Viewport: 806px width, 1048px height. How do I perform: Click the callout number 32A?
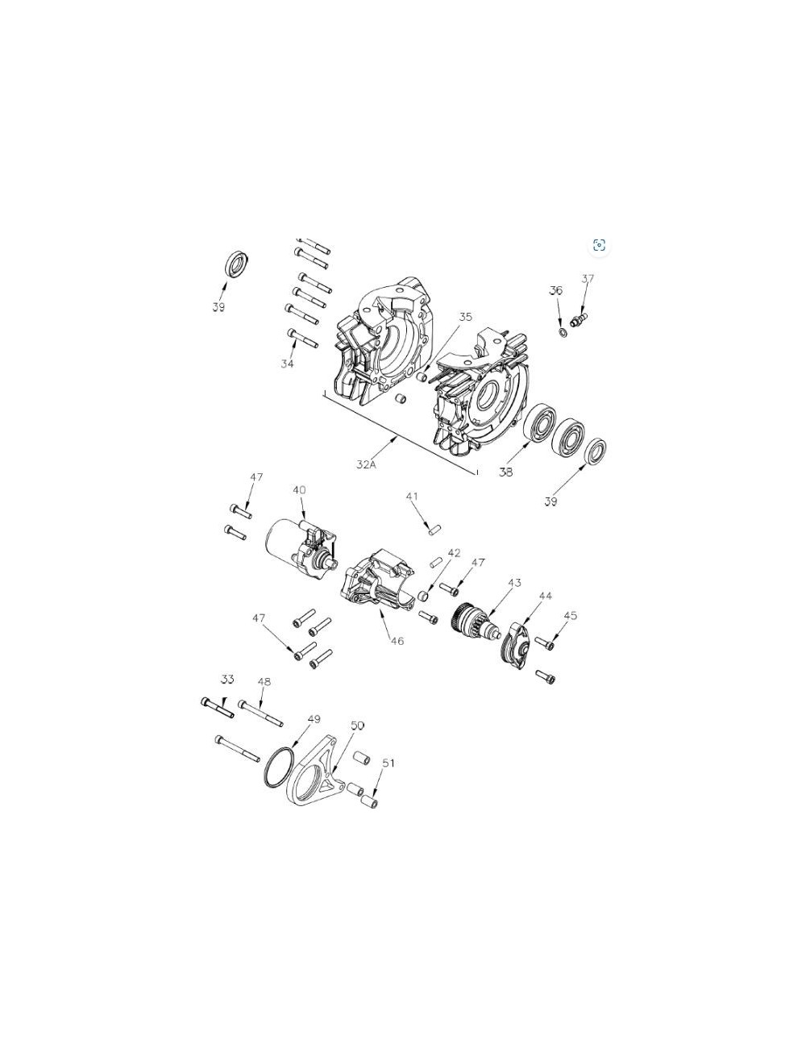coord(367,464)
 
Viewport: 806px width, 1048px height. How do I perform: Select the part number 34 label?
coord(287,364)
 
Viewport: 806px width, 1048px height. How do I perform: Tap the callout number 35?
coord(465,317)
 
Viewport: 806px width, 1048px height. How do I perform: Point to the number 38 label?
coord(505,472)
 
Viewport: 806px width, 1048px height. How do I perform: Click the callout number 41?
coord(413,497)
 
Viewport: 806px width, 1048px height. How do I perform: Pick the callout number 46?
coord(397,641)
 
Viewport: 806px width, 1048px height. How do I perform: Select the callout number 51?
coord(388,762)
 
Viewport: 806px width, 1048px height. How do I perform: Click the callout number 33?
coord(227,680)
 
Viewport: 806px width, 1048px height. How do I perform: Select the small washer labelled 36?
coord(562,332)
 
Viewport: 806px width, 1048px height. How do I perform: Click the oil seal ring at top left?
coord(235,264)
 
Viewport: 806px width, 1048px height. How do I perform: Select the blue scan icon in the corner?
coord(599,245)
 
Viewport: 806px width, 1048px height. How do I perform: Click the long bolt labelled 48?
coord(260,713)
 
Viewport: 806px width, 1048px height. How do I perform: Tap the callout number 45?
coord(570,616)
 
